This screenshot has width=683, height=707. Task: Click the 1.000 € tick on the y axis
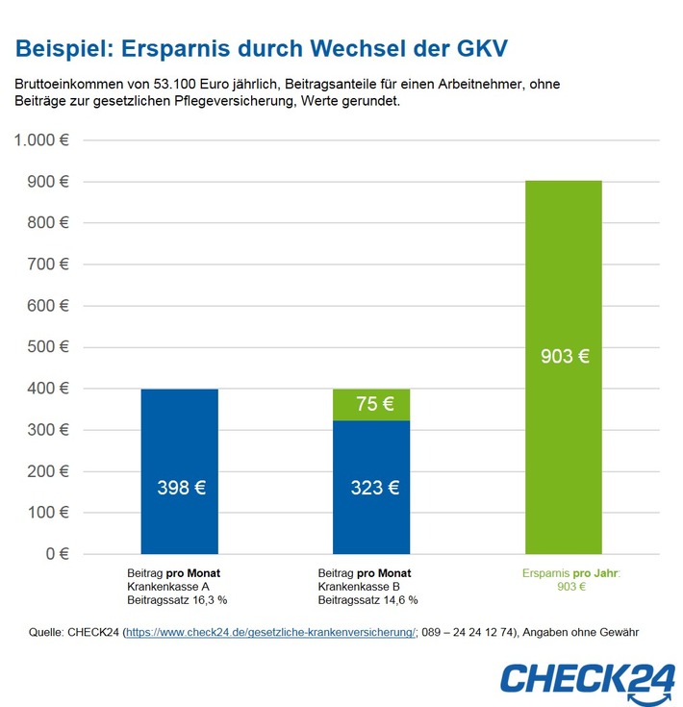(x=41, y=140)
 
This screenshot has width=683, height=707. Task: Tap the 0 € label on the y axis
(x=58, y=554)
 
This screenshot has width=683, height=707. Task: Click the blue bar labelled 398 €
(x=180, y=433)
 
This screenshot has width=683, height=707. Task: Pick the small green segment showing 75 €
(x=371, y=404)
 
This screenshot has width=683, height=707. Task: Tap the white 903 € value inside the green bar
(x=564, y=356)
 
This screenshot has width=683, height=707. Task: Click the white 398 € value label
(x=181, y=488)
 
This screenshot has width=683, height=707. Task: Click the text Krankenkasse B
(x=361, y=586)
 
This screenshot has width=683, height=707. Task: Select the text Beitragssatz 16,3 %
(x=177, y=599)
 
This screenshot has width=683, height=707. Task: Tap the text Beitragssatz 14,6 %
(x=368, y=599)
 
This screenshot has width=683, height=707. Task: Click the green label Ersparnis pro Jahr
(x=570, y=573)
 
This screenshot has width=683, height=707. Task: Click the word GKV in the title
(x=477, y=47)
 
